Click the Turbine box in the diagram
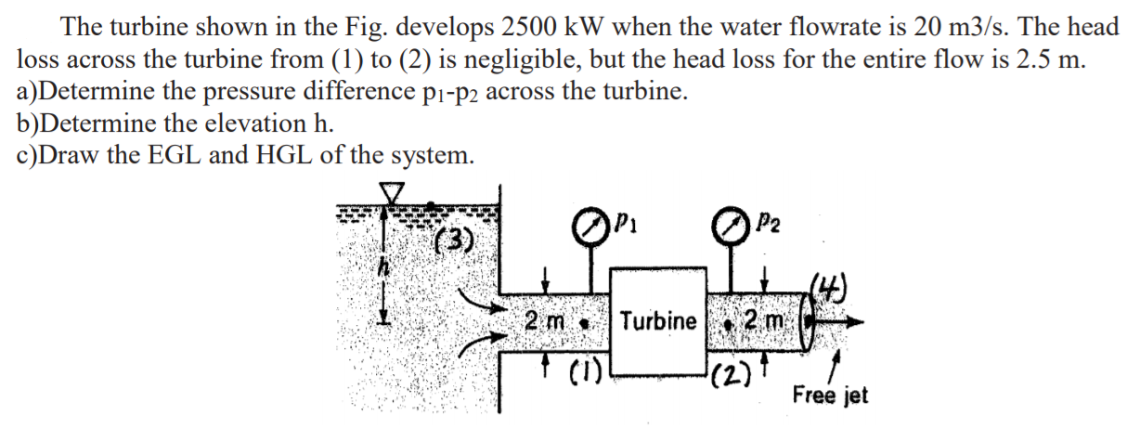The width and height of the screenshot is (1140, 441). [x=658, y=320]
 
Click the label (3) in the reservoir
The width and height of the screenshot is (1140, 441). [x=455, y=244]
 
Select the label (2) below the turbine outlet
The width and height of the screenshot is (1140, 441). [x=729, y=378]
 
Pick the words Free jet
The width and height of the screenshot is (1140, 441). [x=830, y=395]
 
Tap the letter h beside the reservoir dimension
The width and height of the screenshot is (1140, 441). [x=381, y=266]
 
